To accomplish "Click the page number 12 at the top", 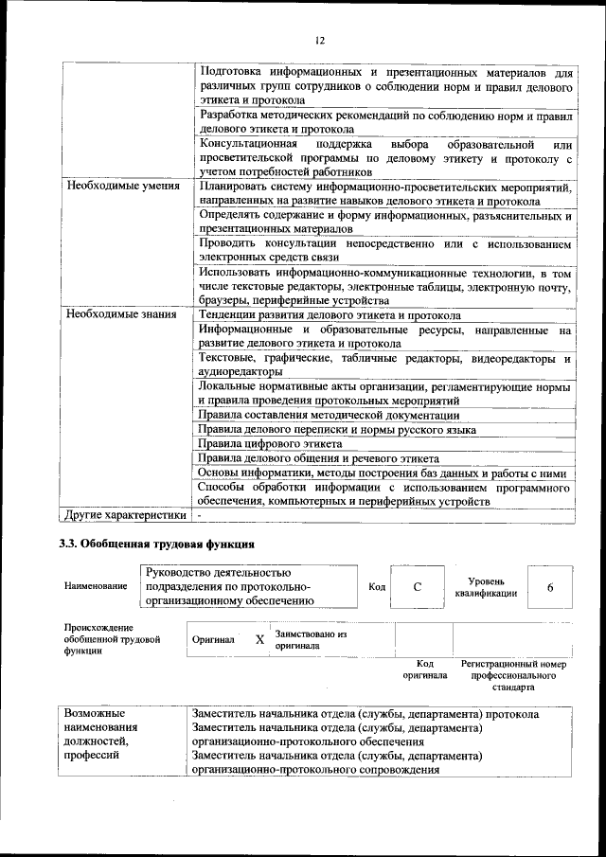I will point(319,40).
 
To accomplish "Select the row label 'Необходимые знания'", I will point(122,314).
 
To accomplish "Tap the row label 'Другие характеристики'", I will point(124,515).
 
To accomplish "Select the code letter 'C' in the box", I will point(417,586).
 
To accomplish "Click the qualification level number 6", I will point(550,586).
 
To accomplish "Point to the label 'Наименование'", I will point(96,587).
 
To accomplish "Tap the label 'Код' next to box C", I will point(377,587).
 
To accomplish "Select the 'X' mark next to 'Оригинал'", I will point(260,639).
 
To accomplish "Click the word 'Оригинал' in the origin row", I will point(213,640).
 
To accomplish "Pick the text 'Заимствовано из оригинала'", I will point(312,639).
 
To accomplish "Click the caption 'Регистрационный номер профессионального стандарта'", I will point(513,675).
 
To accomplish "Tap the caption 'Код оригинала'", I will point(425,670).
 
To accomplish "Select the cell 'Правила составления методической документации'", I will point(329,416).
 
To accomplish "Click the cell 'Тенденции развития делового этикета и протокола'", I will point(330,314).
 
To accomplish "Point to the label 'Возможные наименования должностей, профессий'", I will point(100,735).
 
